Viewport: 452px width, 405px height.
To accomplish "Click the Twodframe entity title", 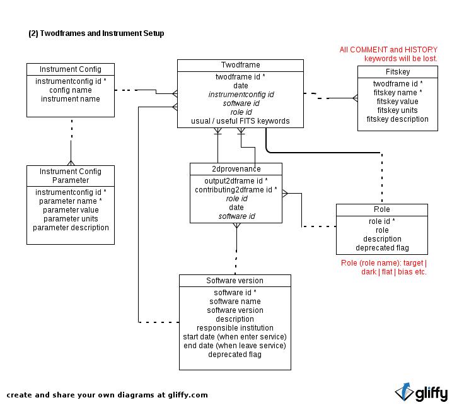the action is click(x=240, y=65).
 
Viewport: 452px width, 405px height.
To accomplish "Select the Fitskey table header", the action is click(x=398, y=72).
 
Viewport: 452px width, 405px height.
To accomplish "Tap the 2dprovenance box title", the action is click(x=236, y=169).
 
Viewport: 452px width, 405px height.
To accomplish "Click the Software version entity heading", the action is click(x=235, y=281).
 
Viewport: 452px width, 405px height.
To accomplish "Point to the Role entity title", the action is click(x=381, y=209).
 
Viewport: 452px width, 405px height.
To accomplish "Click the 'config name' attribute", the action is click(x=71, y=90).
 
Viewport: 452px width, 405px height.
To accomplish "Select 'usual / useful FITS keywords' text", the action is click(x=240, y=121).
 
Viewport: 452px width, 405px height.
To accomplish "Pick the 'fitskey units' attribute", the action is click(x=397, y=110).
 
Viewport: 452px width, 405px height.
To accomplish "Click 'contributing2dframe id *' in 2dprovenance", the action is click(x=236, y=190).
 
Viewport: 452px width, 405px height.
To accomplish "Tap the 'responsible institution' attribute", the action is click(x=235, y=328).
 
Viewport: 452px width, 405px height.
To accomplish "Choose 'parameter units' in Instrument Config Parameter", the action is click(x=71, y=219).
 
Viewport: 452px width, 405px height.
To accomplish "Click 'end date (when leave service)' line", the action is click(x=235, y=346).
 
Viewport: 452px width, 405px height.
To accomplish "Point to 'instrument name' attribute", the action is click(x=71, y=99).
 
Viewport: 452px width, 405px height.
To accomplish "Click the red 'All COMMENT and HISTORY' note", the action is click(x=388, y=50).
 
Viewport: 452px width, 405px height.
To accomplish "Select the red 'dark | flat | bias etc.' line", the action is click(x=394, y=272).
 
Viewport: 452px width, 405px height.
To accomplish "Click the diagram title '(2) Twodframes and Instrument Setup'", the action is click(x=96, y=33).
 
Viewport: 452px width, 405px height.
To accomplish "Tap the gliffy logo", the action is click(x=421, y=393).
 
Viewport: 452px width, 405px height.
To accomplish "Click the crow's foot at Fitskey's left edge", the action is click(x=355, y=98).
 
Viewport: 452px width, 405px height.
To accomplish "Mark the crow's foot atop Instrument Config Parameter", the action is click(x=71, y=163).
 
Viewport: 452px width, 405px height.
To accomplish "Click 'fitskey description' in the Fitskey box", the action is click(x=397, y=119).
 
